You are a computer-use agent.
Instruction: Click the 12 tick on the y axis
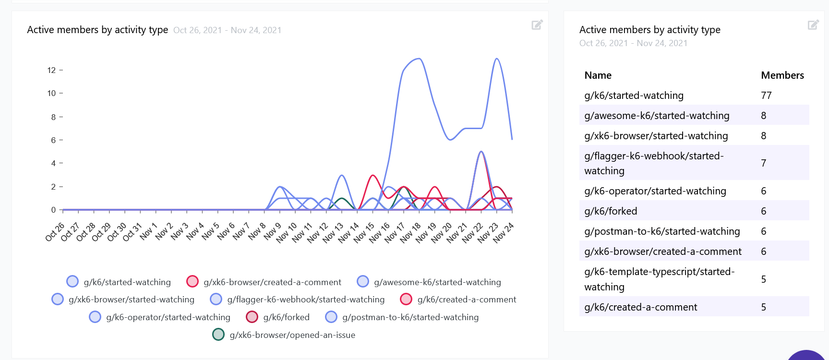pos(51,70)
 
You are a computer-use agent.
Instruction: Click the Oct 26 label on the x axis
pos(55,231)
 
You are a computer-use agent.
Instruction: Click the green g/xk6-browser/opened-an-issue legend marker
pos(218,335)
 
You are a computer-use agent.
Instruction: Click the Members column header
pos(782,75)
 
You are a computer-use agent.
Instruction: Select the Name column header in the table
pos(598,75)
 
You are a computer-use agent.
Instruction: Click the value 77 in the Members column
pos(766,96)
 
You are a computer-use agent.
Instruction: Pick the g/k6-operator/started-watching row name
pos(655,191)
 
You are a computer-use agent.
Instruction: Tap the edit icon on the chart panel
pos(537,25)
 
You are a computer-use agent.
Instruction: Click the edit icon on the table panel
pos(813,25)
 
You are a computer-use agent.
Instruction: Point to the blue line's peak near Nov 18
pos(419,59)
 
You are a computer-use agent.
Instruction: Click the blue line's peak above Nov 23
pos(497,59)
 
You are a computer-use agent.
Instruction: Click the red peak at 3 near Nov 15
pos(372,175)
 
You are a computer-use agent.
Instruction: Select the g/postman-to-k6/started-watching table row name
pos(662,231)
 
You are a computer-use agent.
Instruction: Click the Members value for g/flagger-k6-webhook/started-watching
pos(763,163)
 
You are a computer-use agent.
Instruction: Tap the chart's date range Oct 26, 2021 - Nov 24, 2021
pos(227,30)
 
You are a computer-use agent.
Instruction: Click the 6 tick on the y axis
pos(53,140)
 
